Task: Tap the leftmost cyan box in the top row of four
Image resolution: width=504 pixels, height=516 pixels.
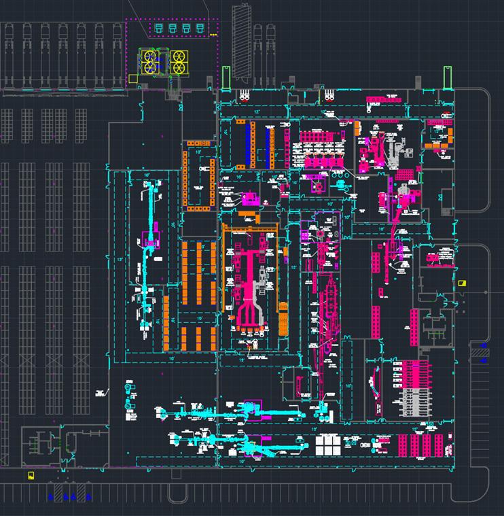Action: click(159, 28)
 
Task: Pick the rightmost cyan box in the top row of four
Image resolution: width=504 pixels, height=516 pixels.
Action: click(200, 28)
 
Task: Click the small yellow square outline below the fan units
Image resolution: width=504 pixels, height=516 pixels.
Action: click(132, 79)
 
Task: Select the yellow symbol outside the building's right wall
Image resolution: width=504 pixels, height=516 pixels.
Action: click(463, 283)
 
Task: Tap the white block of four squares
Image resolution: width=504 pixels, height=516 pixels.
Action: click(329, 445)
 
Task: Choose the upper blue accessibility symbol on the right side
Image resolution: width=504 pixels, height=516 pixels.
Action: click(483, 346)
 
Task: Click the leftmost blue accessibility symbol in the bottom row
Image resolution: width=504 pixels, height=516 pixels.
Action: click(50, 497)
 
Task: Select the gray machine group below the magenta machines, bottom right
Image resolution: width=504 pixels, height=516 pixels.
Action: click(414, 400)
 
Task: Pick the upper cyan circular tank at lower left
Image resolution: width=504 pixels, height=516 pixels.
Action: click(128, 389)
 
